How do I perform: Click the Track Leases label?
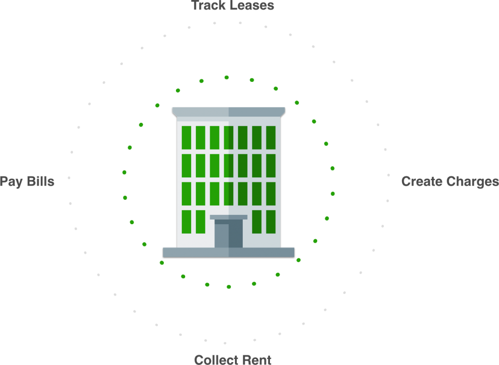point(232,5)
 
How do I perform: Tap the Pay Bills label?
point(27,181)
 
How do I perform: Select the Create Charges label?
point(450,181)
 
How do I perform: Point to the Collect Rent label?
point(232,360)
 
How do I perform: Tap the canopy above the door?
point(229,217)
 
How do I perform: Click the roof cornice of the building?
point(229,112)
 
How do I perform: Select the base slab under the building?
point(229,252)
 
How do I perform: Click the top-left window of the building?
point(187,137)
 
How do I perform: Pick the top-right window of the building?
point(271,137)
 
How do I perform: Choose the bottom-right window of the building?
point(271,222)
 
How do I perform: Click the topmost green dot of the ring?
point(227,77)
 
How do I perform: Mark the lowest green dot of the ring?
point(229,287)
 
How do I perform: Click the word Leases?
point(252,5)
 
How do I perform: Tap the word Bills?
point(41,181)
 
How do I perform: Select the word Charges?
point(473,181)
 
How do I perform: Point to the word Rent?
point(257,360)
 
